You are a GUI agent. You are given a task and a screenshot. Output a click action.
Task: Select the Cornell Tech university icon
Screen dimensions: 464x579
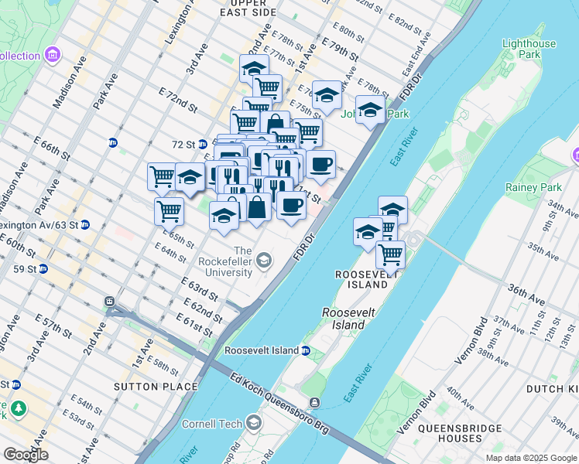pos(253,422)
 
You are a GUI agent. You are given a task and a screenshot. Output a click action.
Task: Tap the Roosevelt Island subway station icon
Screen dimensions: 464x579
pos(306,350)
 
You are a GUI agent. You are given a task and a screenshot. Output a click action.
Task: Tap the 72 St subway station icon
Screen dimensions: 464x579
pos(202,144)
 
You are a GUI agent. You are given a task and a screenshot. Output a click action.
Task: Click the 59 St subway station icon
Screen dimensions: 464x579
pos(43,269)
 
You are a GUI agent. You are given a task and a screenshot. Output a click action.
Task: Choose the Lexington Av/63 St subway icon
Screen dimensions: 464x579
pos(85,225)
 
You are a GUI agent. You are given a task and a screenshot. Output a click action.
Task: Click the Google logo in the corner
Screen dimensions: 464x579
pos(26,455)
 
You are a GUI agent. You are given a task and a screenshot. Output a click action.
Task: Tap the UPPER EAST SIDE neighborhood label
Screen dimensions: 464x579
pos(248,8)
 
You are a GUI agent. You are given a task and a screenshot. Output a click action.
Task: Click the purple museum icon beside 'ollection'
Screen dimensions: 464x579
pos(52,56)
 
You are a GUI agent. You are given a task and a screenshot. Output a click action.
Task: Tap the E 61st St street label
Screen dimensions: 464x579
pos(194,326)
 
